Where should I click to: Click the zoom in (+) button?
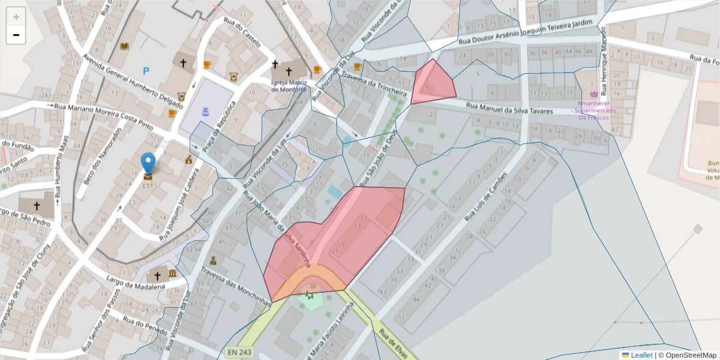click(x=16, y=17)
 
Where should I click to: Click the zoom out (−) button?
click(x=16, y=35)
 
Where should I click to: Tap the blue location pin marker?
click(x=148, y=164)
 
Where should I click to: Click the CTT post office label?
click(x=148, y=185)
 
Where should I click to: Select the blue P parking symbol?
click(x=146, y=71)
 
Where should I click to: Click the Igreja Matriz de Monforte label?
click(x=289, y=86)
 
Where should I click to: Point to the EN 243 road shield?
click(x=240, y=352)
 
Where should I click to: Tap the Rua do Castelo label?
click(x=242, y=32)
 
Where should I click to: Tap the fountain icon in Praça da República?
click(x=205, y=111)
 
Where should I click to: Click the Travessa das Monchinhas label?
click(x=236, y=284)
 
